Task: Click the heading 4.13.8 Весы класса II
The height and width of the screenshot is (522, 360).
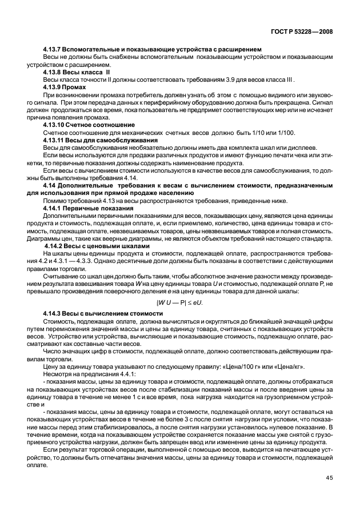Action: click(74, 73)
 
